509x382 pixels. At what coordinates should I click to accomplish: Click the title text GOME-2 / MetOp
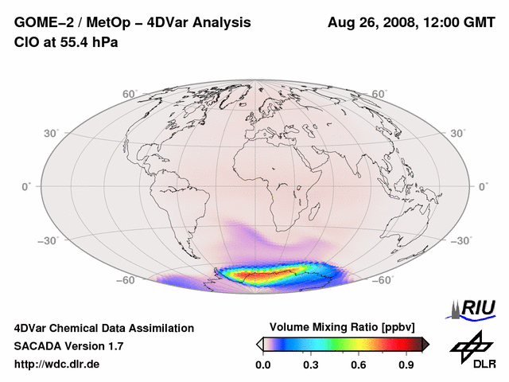[67, 23]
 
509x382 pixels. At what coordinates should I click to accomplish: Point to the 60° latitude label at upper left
[130, 94]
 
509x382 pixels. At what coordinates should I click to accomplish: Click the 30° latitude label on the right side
[459, 132]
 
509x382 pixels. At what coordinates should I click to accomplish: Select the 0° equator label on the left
[26, 186]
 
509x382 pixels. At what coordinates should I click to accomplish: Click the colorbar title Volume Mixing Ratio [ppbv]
[343, 327]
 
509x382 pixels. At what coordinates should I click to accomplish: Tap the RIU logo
[476, 307]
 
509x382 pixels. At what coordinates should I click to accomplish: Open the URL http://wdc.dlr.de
[57, 364]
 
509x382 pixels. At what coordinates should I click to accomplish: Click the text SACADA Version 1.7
[68, 346]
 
